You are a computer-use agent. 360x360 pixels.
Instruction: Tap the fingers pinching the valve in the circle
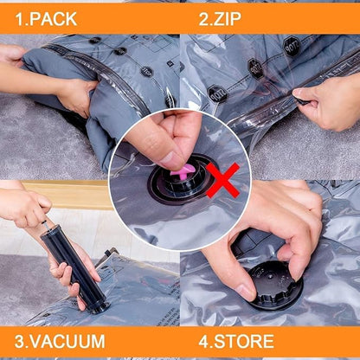(x=170, y=138)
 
